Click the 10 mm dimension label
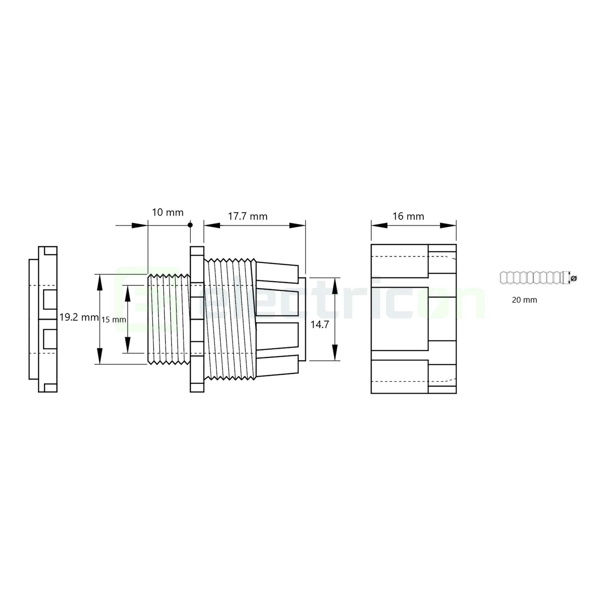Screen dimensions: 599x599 (x=167, y=212)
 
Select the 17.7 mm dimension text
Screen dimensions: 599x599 (x=247, y=217)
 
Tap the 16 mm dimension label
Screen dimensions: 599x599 (x=408, y=217)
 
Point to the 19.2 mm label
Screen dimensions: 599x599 (x=79, y=317)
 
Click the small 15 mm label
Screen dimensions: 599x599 (x=114, y=320)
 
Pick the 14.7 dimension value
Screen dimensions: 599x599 (x=320, y=325)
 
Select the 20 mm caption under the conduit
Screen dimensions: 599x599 (x=524, y=300)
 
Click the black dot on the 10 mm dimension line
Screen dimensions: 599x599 (x=190, y=225)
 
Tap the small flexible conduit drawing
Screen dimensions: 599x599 (x=533, y=278)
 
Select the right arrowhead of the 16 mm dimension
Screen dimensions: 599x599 (x=448, y=226)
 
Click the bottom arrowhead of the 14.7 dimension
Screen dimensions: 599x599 (x=335, y=353)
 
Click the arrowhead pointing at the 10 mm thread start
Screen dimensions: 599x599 (x=139, y=226)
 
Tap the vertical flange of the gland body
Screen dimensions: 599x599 (x=197, y=319)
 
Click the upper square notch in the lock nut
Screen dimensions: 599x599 (x=50, y=299)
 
